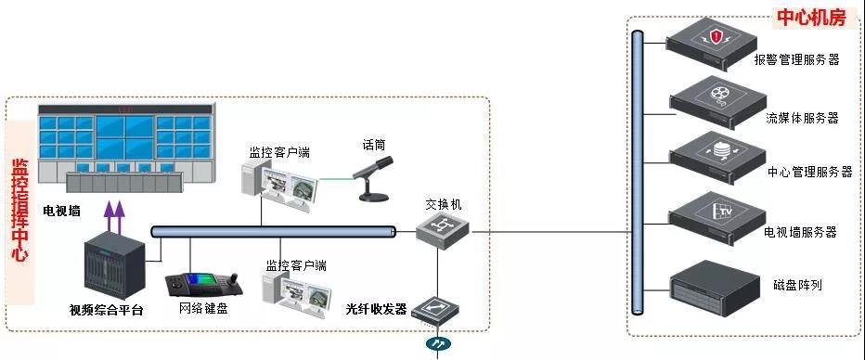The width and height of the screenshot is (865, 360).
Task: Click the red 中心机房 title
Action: pos(811,16)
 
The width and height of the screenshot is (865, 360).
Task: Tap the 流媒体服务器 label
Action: pos(802,118)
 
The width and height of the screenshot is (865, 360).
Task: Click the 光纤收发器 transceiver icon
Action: pos(434,310)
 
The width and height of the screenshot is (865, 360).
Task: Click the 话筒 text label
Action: pos(374,145)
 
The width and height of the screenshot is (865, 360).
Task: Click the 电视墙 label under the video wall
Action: pos(61,211)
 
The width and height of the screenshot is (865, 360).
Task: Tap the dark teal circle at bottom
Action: pos(436,345)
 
